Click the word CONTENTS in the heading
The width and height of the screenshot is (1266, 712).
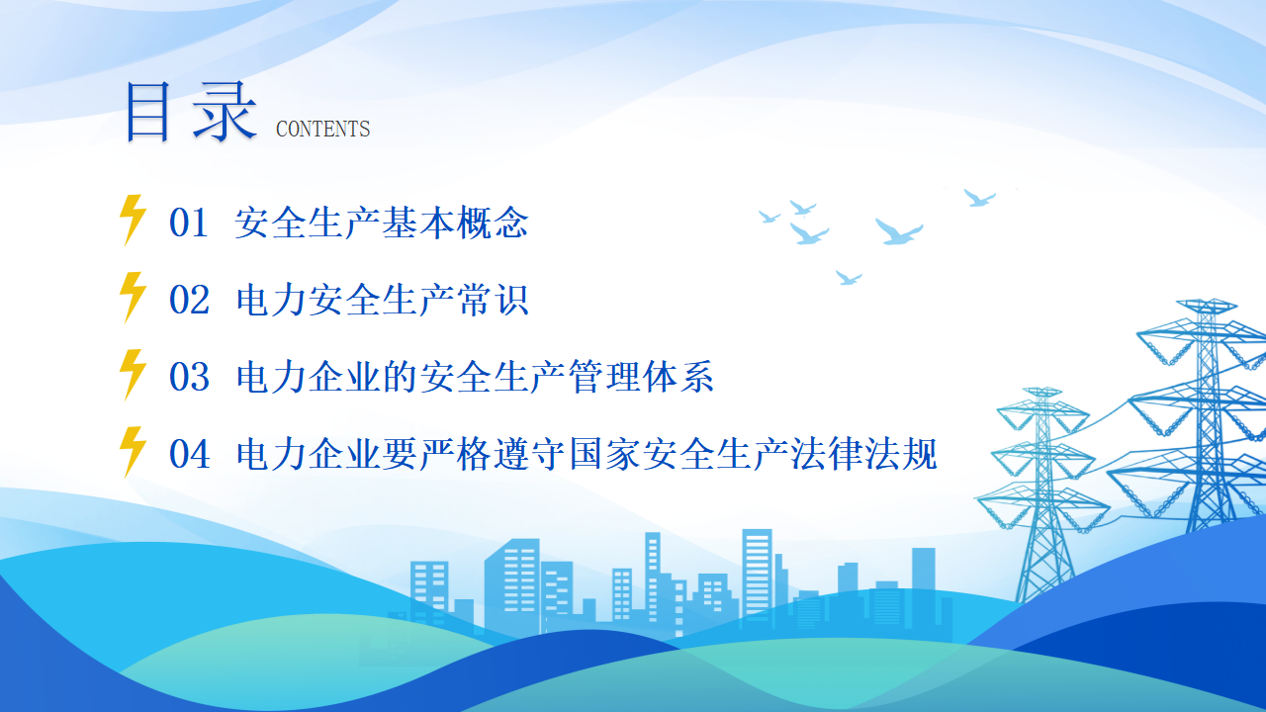pos(322,129)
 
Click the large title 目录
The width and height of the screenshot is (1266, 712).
pos(191,112)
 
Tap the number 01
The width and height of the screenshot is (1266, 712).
pos(189,222)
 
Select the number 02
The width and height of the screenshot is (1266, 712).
pos(189,300)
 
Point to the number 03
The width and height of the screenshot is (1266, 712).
pos(189,377)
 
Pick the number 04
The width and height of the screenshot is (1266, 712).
pos(190,454)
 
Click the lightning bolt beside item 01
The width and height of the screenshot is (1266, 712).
pos(133,221)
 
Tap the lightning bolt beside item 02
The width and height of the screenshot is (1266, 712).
pos(133,298)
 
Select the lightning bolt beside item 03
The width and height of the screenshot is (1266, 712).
pos(133,375)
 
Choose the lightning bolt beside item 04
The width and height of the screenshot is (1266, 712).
pos(133,452)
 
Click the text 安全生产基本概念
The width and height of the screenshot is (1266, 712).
pos(382,222)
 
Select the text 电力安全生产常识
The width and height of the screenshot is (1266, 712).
pos(382,300)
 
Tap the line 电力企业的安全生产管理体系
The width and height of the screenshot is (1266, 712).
pos(475,377)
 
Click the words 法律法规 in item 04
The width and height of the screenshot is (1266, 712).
pos(863,454)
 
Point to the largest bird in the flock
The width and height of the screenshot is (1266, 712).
pos(899,231)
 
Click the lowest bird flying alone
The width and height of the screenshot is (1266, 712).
pos(849,278)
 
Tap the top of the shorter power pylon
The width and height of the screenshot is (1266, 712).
pos(1042,391)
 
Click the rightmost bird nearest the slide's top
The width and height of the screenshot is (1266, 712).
pos(979,198)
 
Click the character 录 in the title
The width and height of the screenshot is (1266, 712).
pos(225,112)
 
